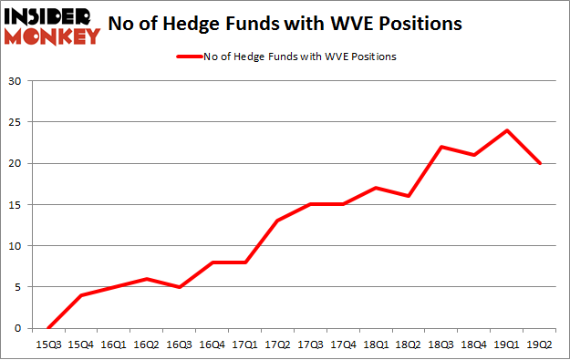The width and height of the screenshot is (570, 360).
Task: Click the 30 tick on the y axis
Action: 16,81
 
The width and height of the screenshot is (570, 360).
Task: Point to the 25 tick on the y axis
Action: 16,122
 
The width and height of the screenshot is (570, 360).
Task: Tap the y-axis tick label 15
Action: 16,205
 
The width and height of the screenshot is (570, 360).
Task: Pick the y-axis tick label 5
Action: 18,287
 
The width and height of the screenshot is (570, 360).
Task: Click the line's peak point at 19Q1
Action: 507,130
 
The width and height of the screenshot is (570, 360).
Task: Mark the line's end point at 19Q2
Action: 540,163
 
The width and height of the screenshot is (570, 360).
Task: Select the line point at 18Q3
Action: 441,147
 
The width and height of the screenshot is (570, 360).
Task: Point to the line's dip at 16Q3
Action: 178,287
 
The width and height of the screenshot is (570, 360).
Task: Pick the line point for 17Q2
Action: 276,221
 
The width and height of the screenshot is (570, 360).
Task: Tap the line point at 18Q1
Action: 376,188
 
